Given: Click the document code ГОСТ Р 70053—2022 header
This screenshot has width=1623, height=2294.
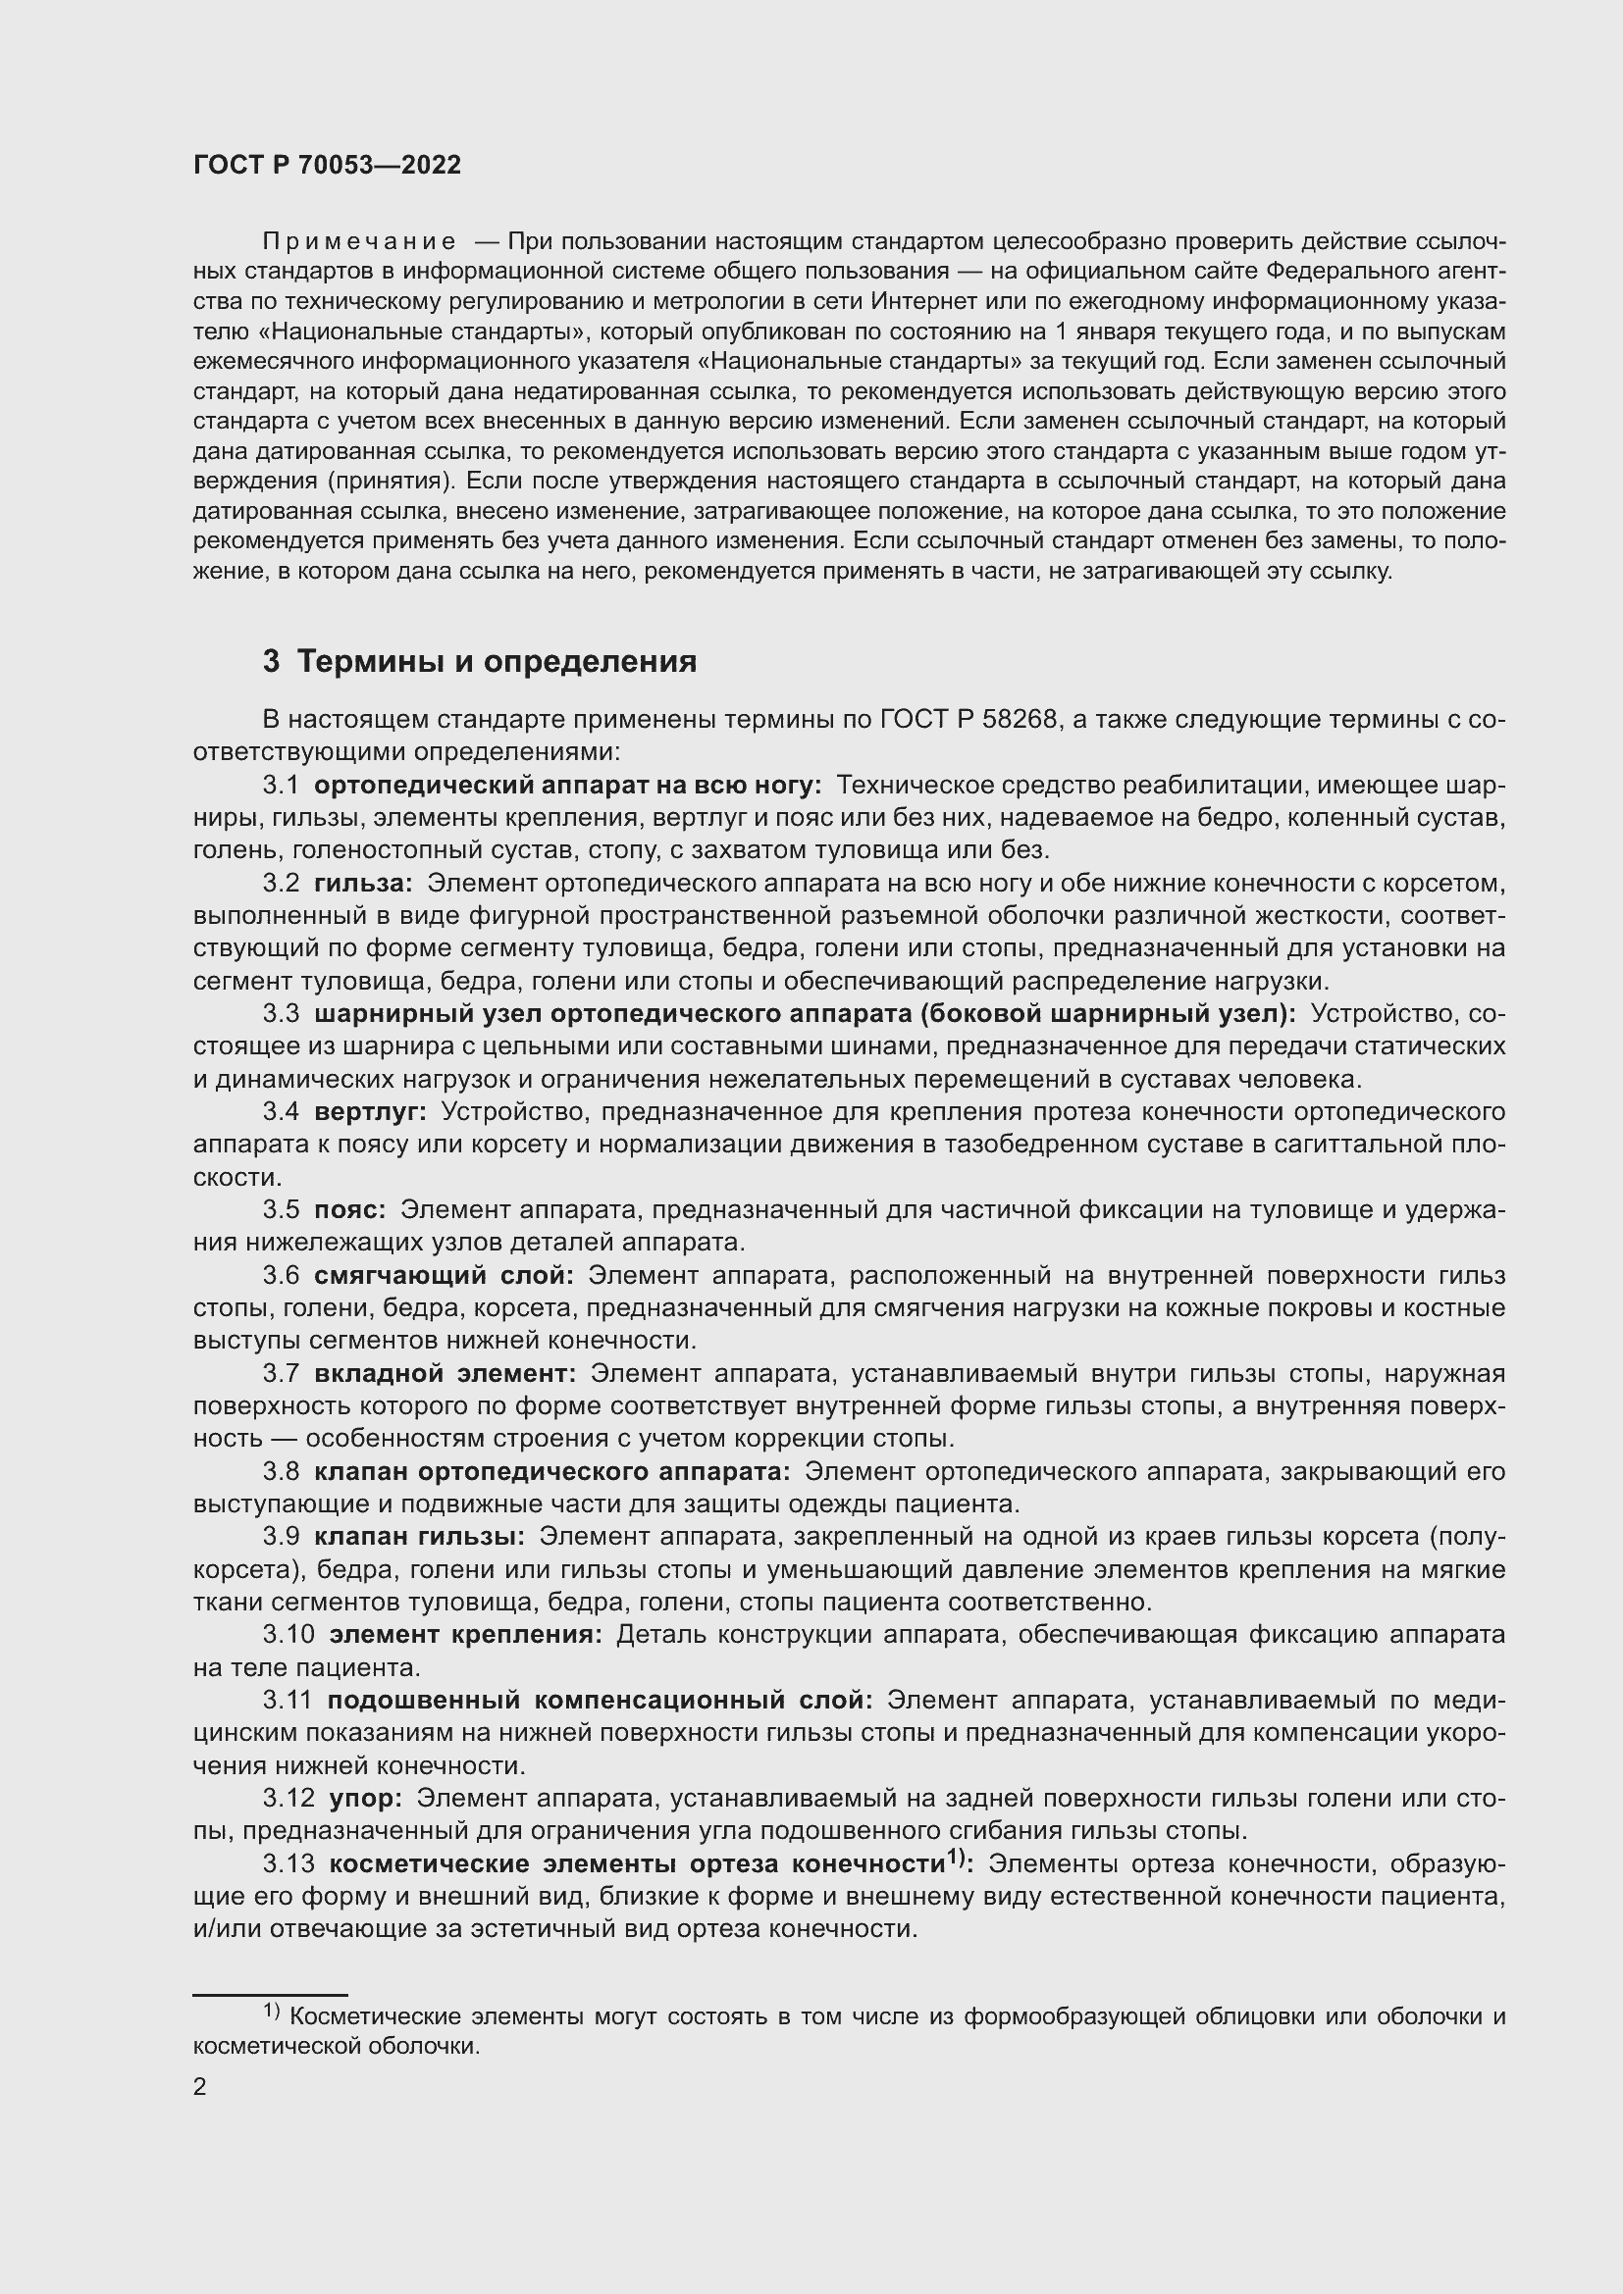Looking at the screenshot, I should [327, 166].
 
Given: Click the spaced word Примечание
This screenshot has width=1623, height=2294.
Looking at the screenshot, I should [359, 242].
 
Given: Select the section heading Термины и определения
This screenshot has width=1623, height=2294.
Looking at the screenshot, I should [497, 661].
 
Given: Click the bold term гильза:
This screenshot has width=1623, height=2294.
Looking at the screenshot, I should [363, 884].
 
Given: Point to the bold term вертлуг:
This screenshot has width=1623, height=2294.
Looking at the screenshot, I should [370, 1112].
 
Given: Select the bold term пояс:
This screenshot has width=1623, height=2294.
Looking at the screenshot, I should [349, 1210].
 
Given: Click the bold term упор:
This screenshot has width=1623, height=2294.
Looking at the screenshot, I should [365, 1799].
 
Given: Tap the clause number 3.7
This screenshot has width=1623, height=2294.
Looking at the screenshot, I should [281, 1374].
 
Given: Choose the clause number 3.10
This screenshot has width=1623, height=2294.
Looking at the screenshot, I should [288, 1635].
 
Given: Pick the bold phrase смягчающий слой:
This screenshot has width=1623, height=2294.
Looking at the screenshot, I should [444, 1276].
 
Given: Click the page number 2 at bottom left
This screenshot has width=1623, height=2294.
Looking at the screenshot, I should [200, 2087].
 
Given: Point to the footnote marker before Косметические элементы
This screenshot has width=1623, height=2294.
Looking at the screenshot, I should [273, 2011].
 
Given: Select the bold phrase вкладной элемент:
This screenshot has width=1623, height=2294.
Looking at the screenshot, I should [445, 1374].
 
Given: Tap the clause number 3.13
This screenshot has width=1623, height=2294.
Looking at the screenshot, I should [288, 1864].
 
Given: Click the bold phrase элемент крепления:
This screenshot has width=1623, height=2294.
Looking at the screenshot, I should [466, 1635].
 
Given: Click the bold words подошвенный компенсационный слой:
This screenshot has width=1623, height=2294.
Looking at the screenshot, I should [600, 1701].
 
